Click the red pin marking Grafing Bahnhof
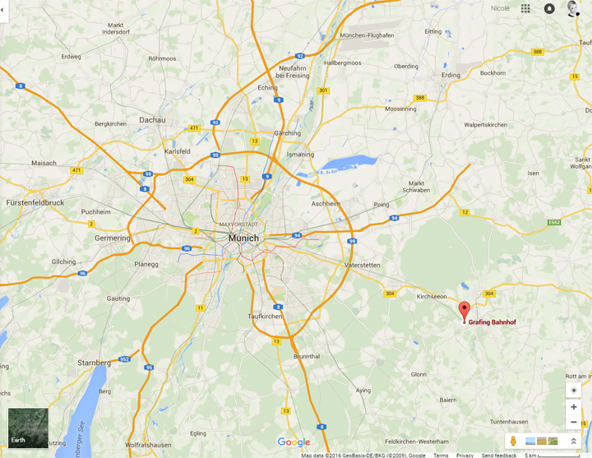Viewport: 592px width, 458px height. coord(464,311)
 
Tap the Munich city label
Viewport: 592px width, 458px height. coord(243,238)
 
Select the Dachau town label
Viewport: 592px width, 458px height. coord(152,119)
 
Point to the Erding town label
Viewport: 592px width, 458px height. coord(451,75)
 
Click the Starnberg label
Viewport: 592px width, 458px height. coord(94,363)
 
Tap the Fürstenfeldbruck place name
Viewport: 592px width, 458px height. coord(35,201)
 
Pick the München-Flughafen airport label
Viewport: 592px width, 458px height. coord(367,35)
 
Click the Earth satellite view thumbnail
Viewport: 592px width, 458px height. coord(28,428)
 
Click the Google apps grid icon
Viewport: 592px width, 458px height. coord(525,8)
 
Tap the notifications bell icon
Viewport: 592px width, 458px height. coord(549,8)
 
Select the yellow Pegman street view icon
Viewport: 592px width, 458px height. coord(513,442)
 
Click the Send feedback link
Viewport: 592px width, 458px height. coord(499,455)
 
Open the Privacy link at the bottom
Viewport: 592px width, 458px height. coord(465,455)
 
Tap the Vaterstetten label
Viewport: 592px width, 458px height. coord(363,265)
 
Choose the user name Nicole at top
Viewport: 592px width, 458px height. coord(500,8)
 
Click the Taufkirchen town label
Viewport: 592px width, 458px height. coord(265,316)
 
